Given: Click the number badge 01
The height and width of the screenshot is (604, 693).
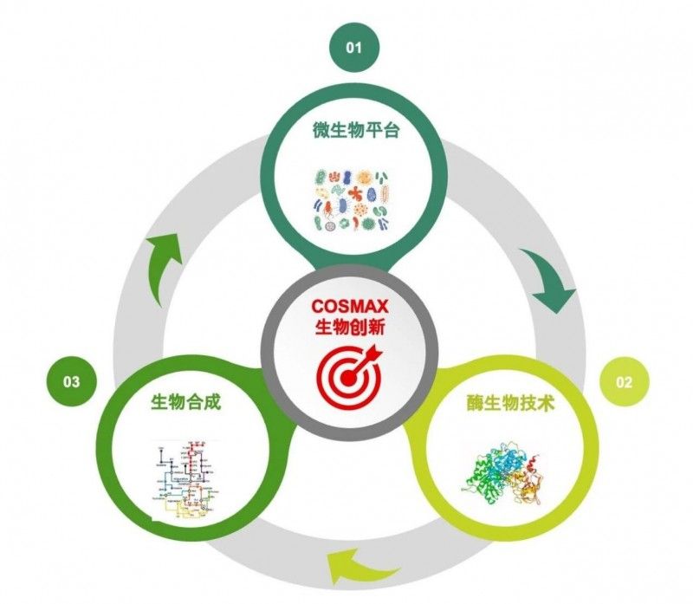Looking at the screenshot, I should pos(353,47).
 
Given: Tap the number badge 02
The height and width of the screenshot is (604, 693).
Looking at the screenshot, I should pos(624,382).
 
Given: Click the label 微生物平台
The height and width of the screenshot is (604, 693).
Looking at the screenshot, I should pos(353,132).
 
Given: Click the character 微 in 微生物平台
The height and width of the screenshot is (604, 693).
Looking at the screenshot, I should pos(321,132).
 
